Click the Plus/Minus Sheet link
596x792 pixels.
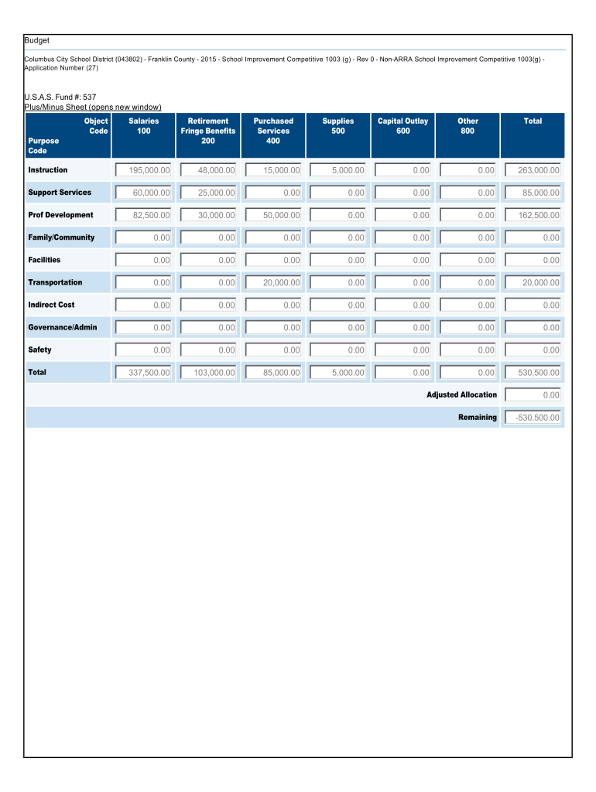click(x=93, y=107)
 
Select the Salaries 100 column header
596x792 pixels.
click(x=144, y=126)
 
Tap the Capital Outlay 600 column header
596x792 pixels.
click(x=402, y=126)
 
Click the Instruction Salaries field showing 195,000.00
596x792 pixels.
click(x=143, y=170)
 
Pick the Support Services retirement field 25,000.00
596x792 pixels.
click(x=208, y=193)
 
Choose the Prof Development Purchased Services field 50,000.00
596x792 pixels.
click(x=273, y=215)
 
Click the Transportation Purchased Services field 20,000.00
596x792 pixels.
click(x=273, y=282)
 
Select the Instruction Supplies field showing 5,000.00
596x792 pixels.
click(x=338, y=170)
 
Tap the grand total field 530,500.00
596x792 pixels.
click(x=533, y=373)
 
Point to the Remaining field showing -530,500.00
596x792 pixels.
click(x=533, y=418)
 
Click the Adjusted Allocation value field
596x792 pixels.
click(x=533, y=395)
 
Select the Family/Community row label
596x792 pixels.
click(x=61, y=237)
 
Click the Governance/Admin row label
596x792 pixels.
click(x=63, y=327)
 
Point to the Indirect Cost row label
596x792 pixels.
click(x=51, y=305)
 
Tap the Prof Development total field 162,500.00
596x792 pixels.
click(x=533, y=215)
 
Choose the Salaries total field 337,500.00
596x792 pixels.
click(x=143, y=373)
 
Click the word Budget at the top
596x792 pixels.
click(x=36, y=40)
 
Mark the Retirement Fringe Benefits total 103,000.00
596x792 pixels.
click(x=208, y=373)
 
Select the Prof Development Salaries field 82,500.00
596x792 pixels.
click(x=143, y=215)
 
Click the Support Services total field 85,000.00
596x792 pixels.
click(x=533, y=193)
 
